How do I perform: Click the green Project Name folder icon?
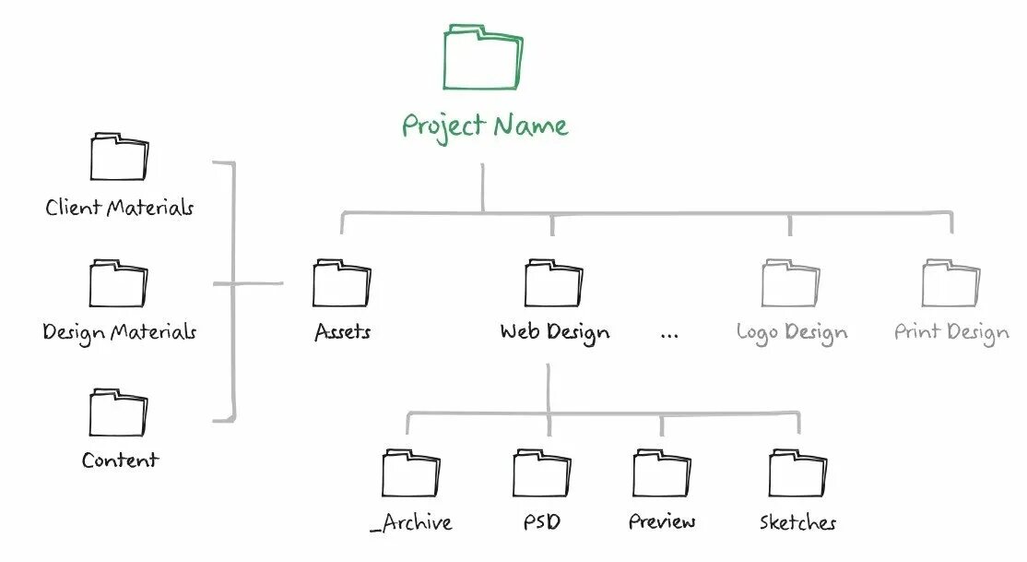coord(482,59)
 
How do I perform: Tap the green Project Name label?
coord(485,126)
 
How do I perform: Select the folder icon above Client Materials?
coord(119,158)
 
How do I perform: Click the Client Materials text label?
coord(120,208)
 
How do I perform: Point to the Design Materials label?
coord(120,331)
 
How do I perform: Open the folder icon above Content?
coord(118,413)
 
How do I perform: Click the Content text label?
coord(120,460)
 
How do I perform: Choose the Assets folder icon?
coord(341,283)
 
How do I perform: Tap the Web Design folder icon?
coord(553,283)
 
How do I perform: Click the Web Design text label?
coord(554,331)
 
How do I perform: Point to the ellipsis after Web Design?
coord(669,334)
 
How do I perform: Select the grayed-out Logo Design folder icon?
coord(791,283)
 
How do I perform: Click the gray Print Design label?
coord(951,332)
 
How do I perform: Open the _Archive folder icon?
coord(410,473)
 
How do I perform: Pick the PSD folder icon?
coord(541,473)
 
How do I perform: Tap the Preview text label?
coord(662,522)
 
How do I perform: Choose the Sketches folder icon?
coord(798,473)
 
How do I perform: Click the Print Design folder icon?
coord(950,283)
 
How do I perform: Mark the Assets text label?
coord(342,331)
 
